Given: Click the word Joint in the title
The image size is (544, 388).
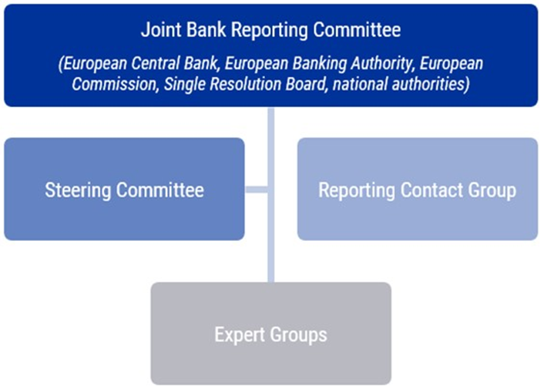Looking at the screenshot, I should coord(158,30).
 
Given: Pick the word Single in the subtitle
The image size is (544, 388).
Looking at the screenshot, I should coord(184,84).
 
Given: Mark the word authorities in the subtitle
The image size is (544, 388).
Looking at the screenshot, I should coord(431,84).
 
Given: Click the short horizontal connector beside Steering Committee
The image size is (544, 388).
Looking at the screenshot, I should coord(257,189).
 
